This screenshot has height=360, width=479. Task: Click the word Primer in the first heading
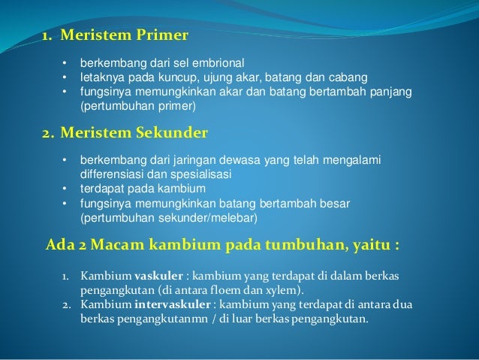(x=158, y=35)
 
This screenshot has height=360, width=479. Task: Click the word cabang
(x=345, y=78)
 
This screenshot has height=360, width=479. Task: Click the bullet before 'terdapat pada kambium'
(x=65, y=189)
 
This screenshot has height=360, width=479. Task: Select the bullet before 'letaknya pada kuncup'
(x=65, y=78)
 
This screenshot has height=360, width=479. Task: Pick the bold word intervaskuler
(x=169, y=304)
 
